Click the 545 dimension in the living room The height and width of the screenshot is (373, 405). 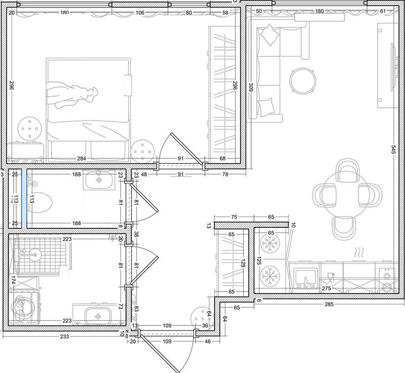[x=393, y=150]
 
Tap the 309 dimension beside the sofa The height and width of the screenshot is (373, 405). [x=251, y=87]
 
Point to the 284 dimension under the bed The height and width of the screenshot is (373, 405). [x=82, y=158]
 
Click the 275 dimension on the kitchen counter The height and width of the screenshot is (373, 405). [x=327, y=288]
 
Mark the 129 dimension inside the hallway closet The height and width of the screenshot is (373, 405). [x=243, y=263]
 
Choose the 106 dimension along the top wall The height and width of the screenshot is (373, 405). [x=140, y=13]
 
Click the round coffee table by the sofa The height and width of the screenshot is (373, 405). [x=302, y=80]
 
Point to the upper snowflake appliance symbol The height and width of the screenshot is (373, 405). [x=270, y=243]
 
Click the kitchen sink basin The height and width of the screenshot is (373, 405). [x=306, y=279]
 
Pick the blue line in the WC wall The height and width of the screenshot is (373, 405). [x=27, y=198]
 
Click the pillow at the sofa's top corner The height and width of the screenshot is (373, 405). [x=270, y=35]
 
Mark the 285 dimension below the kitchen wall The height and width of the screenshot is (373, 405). [x=329, y=304]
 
